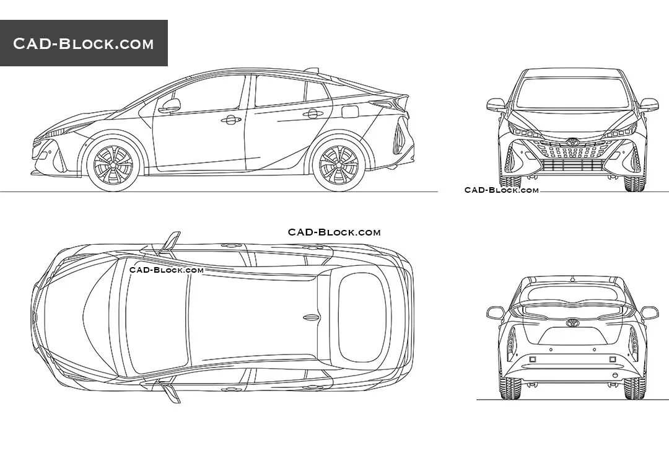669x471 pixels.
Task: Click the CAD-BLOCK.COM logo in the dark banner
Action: tap(84, 43)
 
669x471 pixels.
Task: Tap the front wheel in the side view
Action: tap(113, 165)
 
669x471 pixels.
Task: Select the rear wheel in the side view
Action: tap(339, 165)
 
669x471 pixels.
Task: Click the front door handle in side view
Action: tap(231, 120)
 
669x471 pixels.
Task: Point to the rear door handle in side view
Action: tap(313, 113)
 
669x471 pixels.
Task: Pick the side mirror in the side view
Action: tap(170, 106)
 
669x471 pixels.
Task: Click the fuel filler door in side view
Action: tap(350, 112)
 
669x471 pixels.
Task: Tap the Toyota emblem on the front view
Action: tap(572, 143)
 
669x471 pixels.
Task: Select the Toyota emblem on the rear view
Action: tap(572, 323)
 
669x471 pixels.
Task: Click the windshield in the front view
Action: tap(572, 93)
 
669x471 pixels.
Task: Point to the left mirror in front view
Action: tap(496, 104)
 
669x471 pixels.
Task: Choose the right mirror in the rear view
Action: tap(649, 313)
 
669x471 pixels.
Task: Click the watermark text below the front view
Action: tap(502, 190)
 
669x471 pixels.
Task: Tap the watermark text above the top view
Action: tap(334, 232)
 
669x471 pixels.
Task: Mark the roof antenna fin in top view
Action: tap(311, 317)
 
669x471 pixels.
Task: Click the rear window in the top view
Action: tap(362, 317)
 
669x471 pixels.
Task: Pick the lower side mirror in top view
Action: tap(170, 392)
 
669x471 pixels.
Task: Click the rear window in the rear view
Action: tap(572, 293)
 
